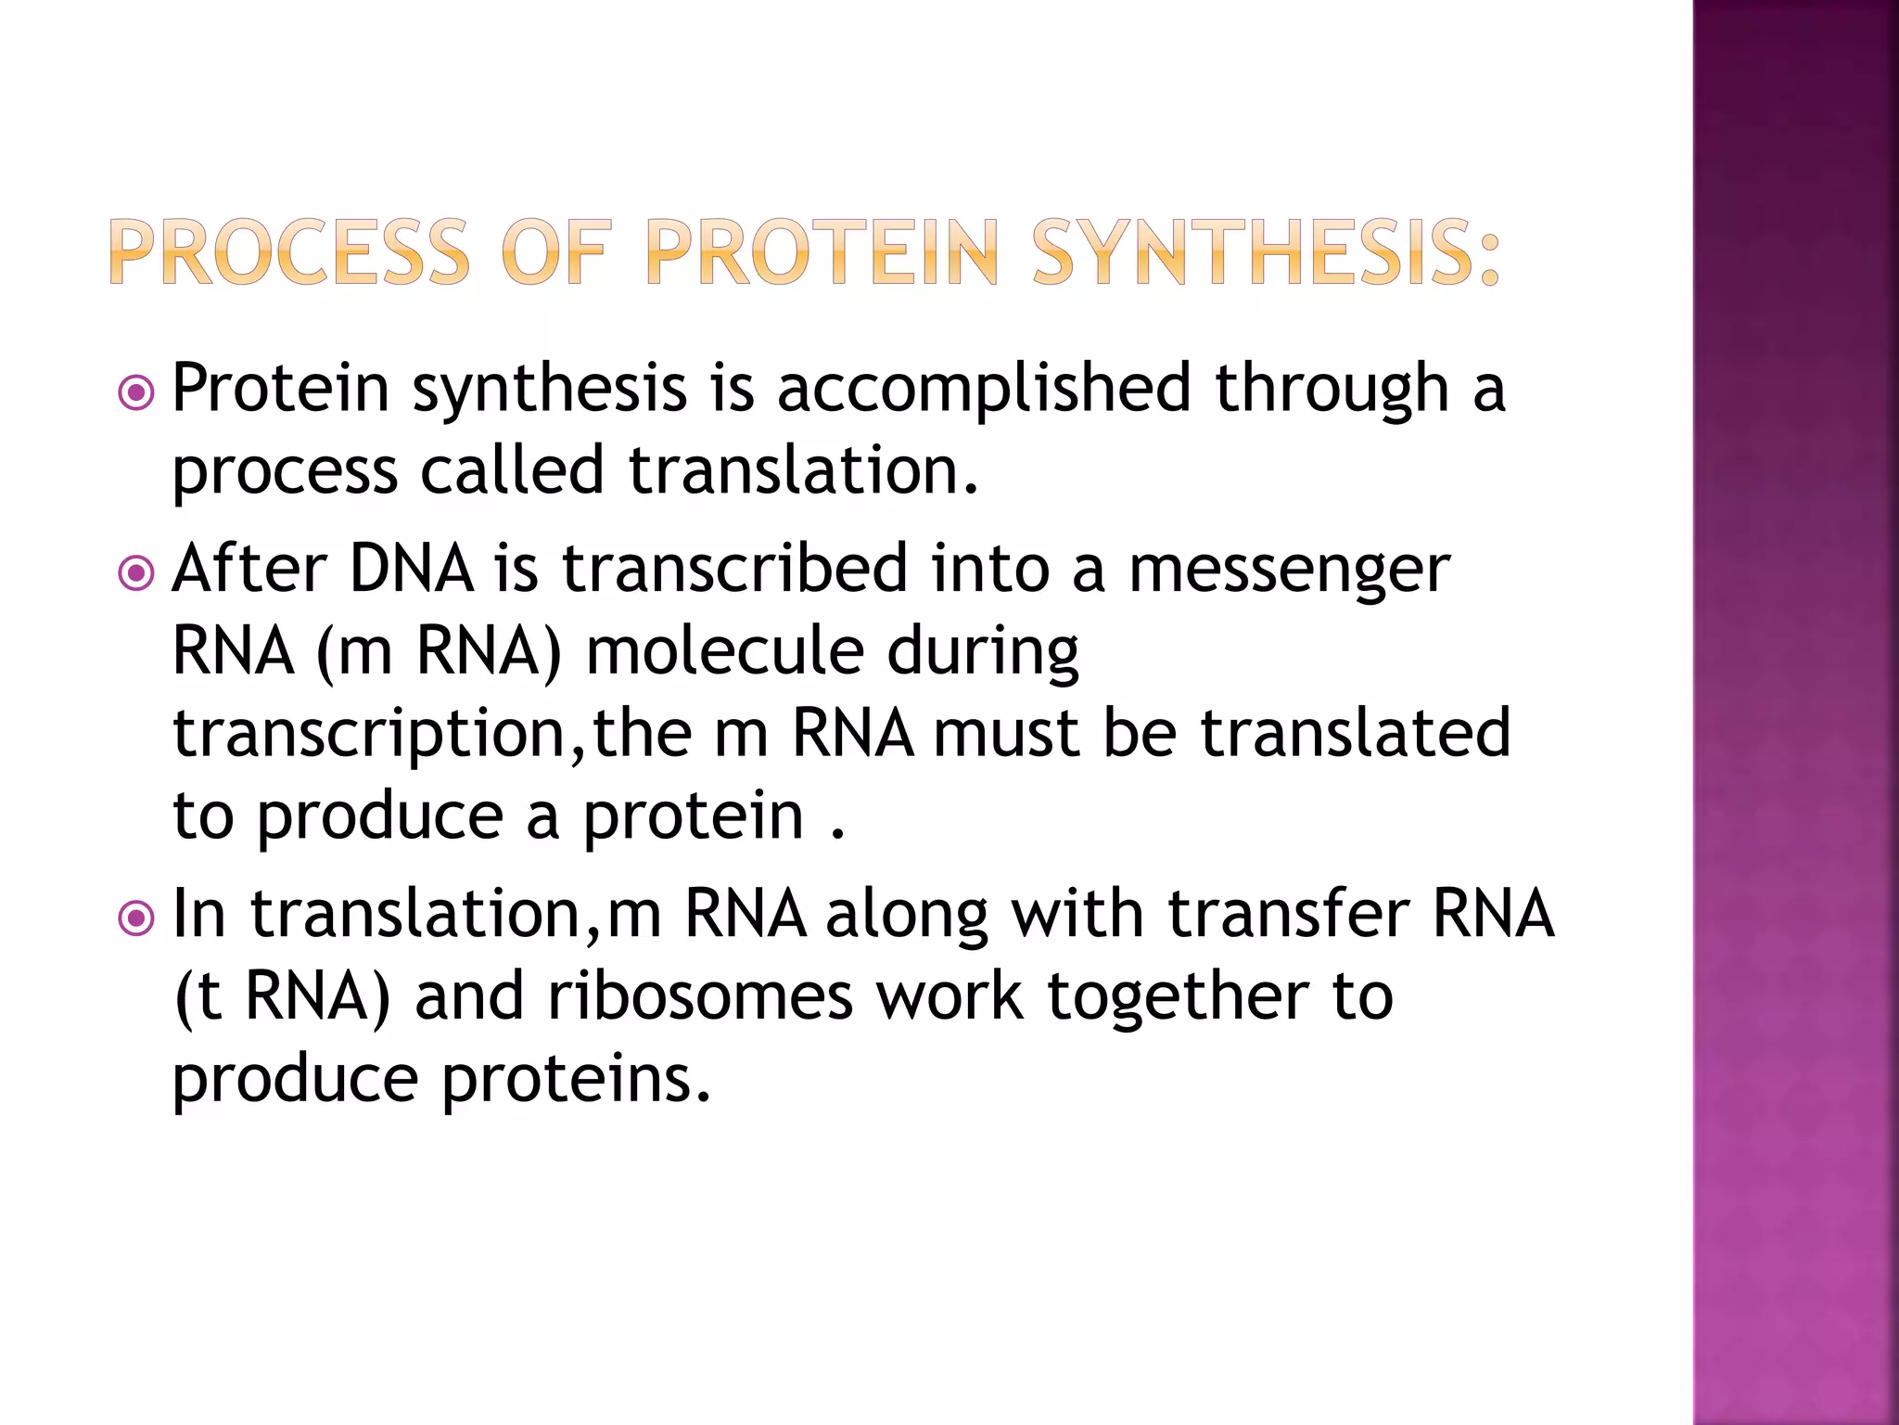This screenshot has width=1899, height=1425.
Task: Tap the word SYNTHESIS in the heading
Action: (1265, 252)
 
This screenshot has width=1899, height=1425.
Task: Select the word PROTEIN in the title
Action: (821, 252)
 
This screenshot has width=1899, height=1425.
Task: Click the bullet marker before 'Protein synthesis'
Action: (136, 392)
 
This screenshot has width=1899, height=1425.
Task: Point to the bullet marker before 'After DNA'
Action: (136, 573)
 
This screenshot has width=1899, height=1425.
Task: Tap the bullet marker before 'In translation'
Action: (136, 918)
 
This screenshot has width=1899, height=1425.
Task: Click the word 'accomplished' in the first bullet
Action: (983, 388)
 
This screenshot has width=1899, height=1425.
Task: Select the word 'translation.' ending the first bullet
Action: (803, 470)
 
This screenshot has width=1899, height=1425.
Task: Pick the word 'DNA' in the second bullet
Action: (411, 568)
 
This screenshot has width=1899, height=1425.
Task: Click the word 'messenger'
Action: (1289, 570)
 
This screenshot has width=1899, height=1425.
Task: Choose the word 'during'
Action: (983, 652)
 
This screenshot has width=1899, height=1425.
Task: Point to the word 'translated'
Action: (1356, 732)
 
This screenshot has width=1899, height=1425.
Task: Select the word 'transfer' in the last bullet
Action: (1289, 913)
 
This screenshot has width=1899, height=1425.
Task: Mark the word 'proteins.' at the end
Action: (576, 1079)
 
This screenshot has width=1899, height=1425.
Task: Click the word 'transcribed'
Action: (734, 568)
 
